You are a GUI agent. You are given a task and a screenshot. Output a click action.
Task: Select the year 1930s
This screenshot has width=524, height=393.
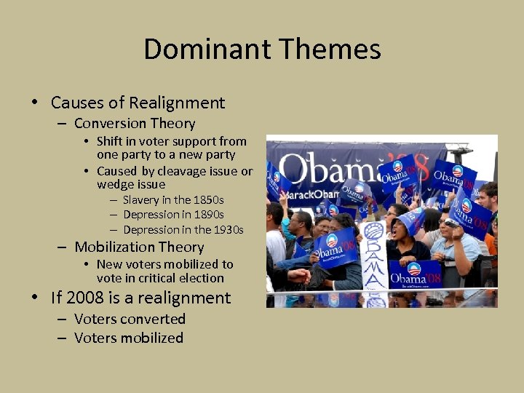[x=226, y=230]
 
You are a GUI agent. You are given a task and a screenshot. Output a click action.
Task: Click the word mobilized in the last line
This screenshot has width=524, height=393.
[x=152, y=338]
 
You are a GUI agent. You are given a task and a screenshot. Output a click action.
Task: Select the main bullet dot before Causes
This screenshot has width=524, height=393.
[x=35, y=103]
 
